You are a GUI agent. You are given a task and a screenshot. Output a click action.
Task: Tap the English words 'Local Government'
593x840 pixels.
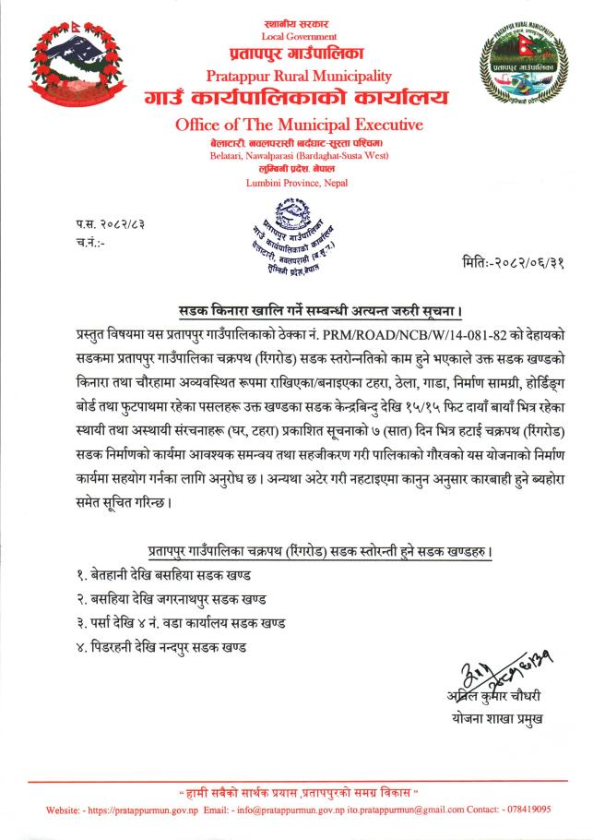pos(300,36)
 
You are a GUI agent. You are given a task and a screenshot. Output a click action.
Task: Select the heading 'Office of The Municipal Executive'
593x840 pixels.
pos(299,125)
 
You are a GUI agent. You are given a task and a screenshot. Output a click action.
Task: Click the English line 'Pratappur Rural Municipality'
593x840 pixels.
pos(300,76)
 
